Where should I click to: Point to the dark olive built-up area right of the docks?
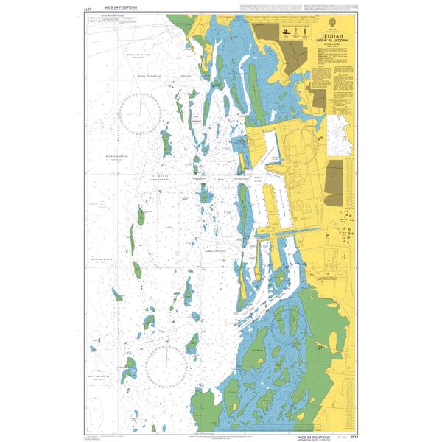point(334,181)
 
